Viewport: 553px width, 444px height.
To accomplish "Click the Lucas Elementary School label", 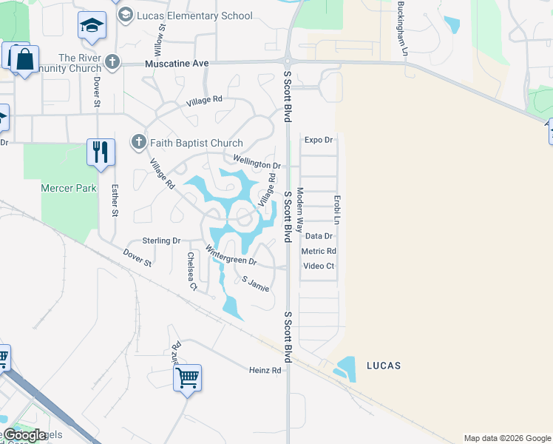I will pyautogui.click(x=194, y=16).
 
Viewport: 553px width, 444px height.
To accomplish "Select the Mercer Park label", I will pyautogui.click(x=68, y=188).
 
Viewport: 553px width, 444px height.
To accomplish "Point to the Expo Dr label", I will pyautogui.click(x=319, y=139).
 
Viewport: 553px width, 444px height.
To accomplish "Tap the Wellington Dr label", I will pyautogui.click(x=257, y=161).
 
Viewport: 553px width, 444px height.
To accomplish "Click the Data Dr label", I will pyautogui.click(x=319, y=236).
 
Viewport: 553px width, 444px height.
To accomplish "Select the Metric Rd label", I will pyautogui.click(x=319, y=251).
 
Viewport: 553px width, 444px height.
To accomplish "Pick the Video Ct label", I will pyautogui.click(x=319, y=266).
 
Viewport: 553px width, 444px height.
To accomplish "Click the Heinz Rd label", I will pyautogui.click(x=265, y=370).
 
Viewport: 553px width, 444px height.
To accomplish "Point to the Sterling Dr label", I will pyautogui.click(x=161, y=240).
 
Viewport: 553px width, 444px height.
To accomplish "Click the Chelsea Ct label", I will pyautogui.click(x=191, y=271).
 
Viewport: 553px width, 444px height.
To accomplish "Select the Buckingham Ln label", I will pyautogui.click(x=402, y=29).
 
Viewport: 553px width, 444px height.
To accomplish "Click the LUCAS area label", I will pyautogui.click(x=384, y=366).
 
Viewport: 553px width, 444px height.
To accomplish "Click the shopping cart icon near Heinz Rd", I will pyautogui.click(x=188, y=377).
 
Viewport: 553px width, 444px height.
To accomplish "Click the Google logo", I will pyautogui.click(x=24, y=435).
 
